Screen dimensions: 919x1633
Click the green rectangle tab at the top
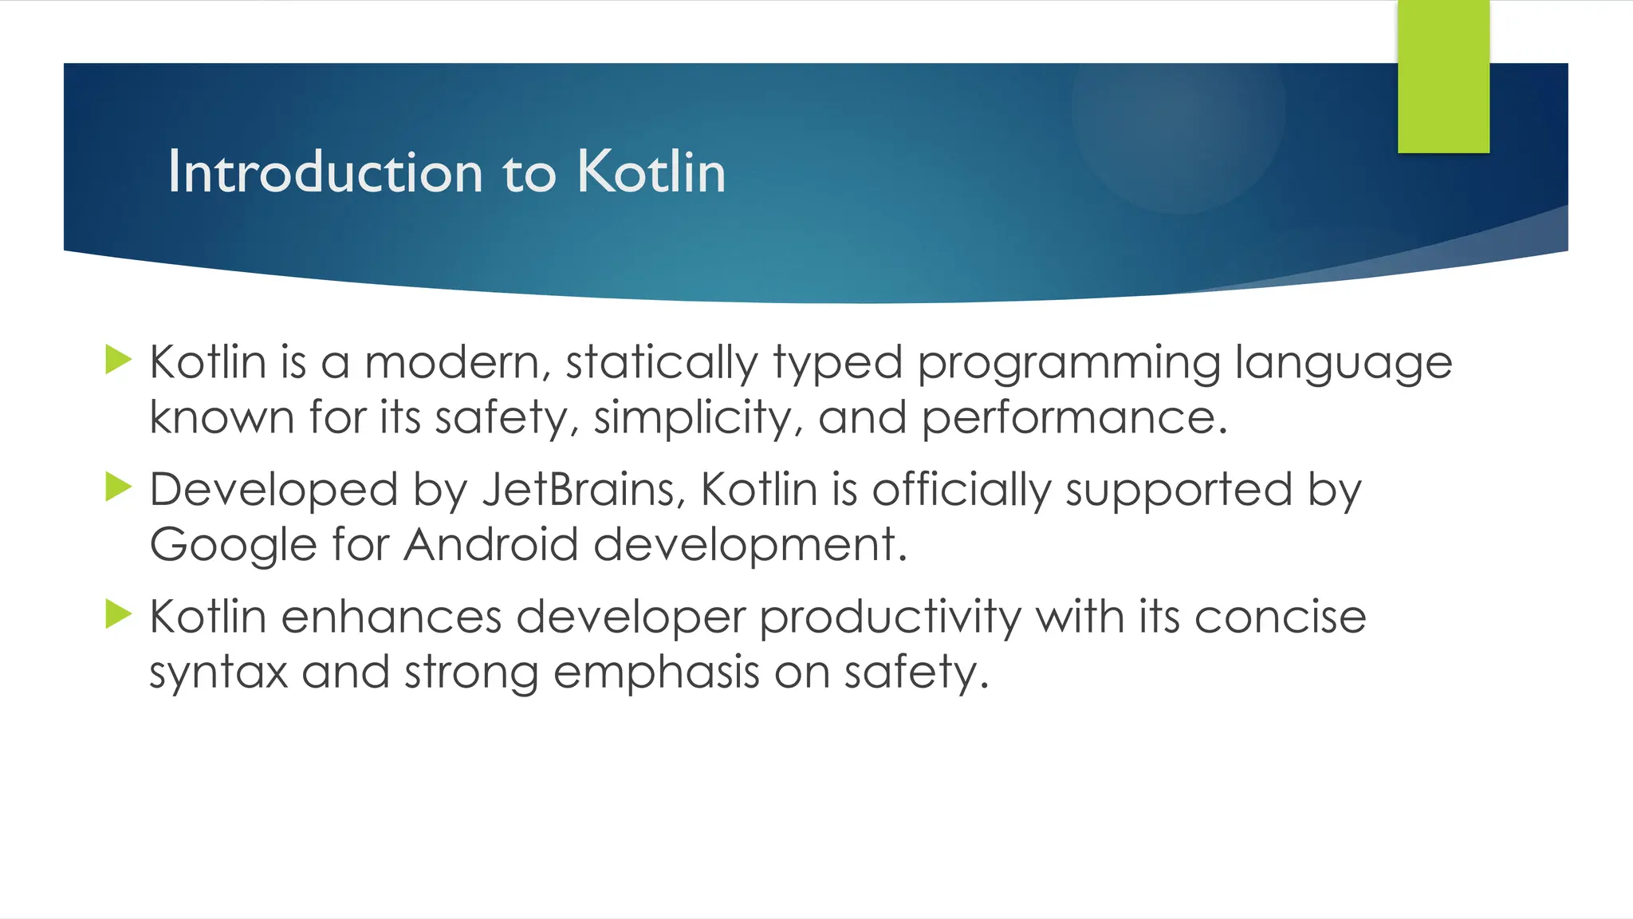point(1443,76)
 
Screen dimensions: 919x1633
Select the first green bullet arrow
point(118,360)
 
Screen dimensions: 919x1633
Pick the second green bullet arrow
point(118,487)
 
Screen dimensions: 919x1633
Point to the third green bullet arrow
point(118,614)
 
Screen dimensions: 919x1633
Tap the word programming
point(1068,364)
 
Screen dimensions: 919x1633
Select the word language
point(1344,364)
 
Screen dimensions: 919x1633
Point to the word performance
point(1074,418)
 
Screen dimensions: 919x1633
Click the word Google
point(233,546)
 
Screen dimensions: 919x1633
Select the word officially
point(961,491)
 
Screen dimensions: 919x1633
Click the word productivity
point(889,618)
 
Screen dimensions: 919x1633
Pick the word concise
point(1280,617)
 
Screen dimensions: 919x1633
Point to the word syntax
point(218,672)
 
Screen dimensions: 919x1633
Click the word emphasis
point(656,672)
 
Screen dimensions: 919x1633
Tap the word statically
point(662,364)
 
